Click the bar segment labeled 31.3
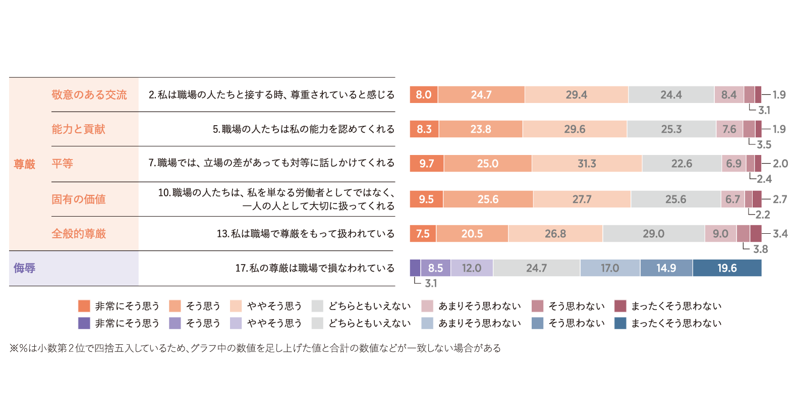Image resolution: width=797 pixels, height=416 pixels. pos(587,164)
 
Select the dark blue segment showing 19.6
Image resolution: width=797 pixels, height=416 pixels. pos(727,268)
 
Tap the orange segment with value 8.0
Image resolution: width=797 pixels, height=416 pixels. pos(424,95)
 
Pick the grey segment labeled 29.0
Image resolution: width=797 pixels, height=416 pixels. pos(653,234)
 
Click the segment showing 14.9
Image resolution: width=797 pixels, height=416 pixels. pos(666,268)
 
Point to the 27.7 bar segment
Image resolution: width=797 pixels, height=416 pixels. pos(582,199)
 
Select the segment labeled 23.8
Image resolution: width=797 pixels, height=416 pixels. pos(480,129)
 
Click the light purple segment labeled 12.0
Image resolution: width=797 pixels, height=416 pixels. pos(472,268)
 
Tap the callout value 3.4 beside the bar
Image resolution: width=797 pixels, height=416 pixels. pos(780,234)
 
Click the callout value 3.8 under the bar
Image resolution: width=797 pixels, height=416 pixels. pos(760,249)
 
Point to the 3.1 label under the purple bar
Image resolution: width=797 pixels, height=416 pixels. pos(431,283)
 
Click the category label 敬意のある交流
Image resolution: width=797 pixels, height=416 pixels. pos(89,95)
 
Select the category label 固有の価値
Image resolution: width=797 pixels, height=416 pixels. pos(79,199)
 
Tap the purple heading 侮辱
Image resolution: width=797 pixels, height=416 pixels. pos(24,268)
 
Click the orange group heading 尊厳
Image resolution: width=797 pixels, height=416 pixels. pos(24,164)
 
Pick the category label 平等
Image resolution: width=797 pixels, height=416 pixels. pos(62,164)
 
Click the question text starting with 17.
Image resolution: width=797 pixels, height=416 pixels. pos(315,268)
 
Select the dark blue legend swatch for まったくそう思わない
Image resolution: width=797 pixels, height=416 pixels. pos(620,323)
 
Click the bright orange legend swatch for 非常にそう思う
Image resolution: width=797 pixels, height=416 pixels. pos(84,306)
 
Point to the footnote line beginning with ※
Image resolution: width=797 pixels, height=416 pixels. pos(255,348)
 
